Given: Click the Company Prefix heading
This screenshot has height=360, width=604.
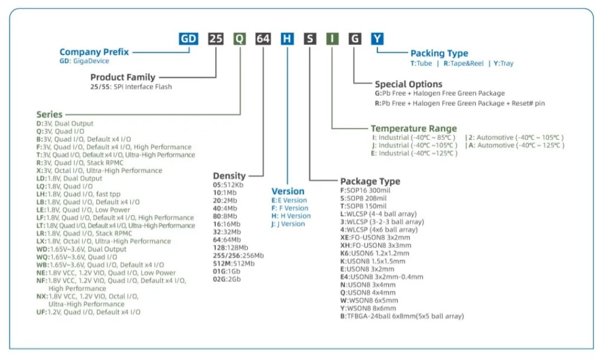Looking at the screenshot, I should pyautogui.click(x=94, y=52).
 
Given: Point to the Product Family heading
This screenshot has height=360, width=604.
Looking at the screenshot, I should pyautogui.click(x=123, y=77).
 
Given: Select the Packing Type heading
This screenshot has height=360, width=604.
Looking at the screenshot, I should pyautogui.click(x=439, y=54).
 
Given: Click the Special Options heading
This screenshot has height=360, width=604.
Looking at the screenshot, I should pyautogui.click(x=408, y=84).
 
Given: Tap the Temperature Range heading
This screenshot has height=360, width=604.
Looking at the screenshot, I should pyautogui.click(x=413, y=129).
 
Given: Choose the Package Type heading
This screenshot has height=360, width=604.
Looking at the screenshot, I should pyautogui.click(x=370, y=181).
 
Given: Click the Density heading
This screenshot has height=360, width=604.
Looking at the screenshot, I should pyautogui.click(x=229, y=176).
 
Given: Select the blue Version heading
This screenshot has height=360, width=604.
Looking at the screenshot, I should pyautogui.click(x=288, y=191).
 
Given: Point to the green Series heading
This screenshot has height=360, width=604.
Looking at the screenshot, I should pyautogui.click(x=49, y=114).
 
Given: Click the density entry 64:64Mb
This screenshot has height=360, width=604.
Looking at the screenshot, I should pyautogui.click(x=226, y=240).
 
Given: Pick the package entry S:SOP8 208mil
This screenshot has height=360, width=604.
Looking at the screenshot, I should pyautogui.click(x=363, y=198).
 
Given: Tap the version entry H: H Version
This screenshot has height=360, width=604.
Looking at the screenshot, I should pyautogui.click(x=291, y=216).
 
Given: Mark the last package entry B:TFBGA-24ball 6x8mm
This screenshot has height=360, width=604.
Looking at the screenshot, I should pyautogui.click(x=402, y=316).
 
